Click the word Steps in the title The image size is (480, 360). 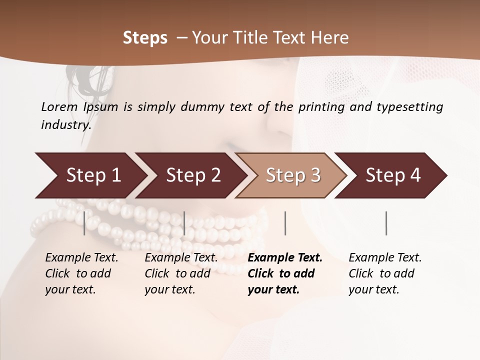point(145,38)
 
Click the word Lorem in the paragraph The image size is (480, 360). point(59,106)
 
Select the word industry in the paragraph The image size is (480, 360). point(65,125)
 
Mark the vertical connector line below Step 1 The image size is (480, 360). point(84,223)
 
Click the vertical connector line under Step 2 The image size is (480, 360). point(184,223)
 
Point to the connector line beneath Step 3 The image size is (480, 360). point(285,223)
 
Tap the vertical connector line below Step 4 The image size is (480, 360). point(386,223)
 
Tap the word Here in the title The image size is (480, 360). point(330,38)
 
